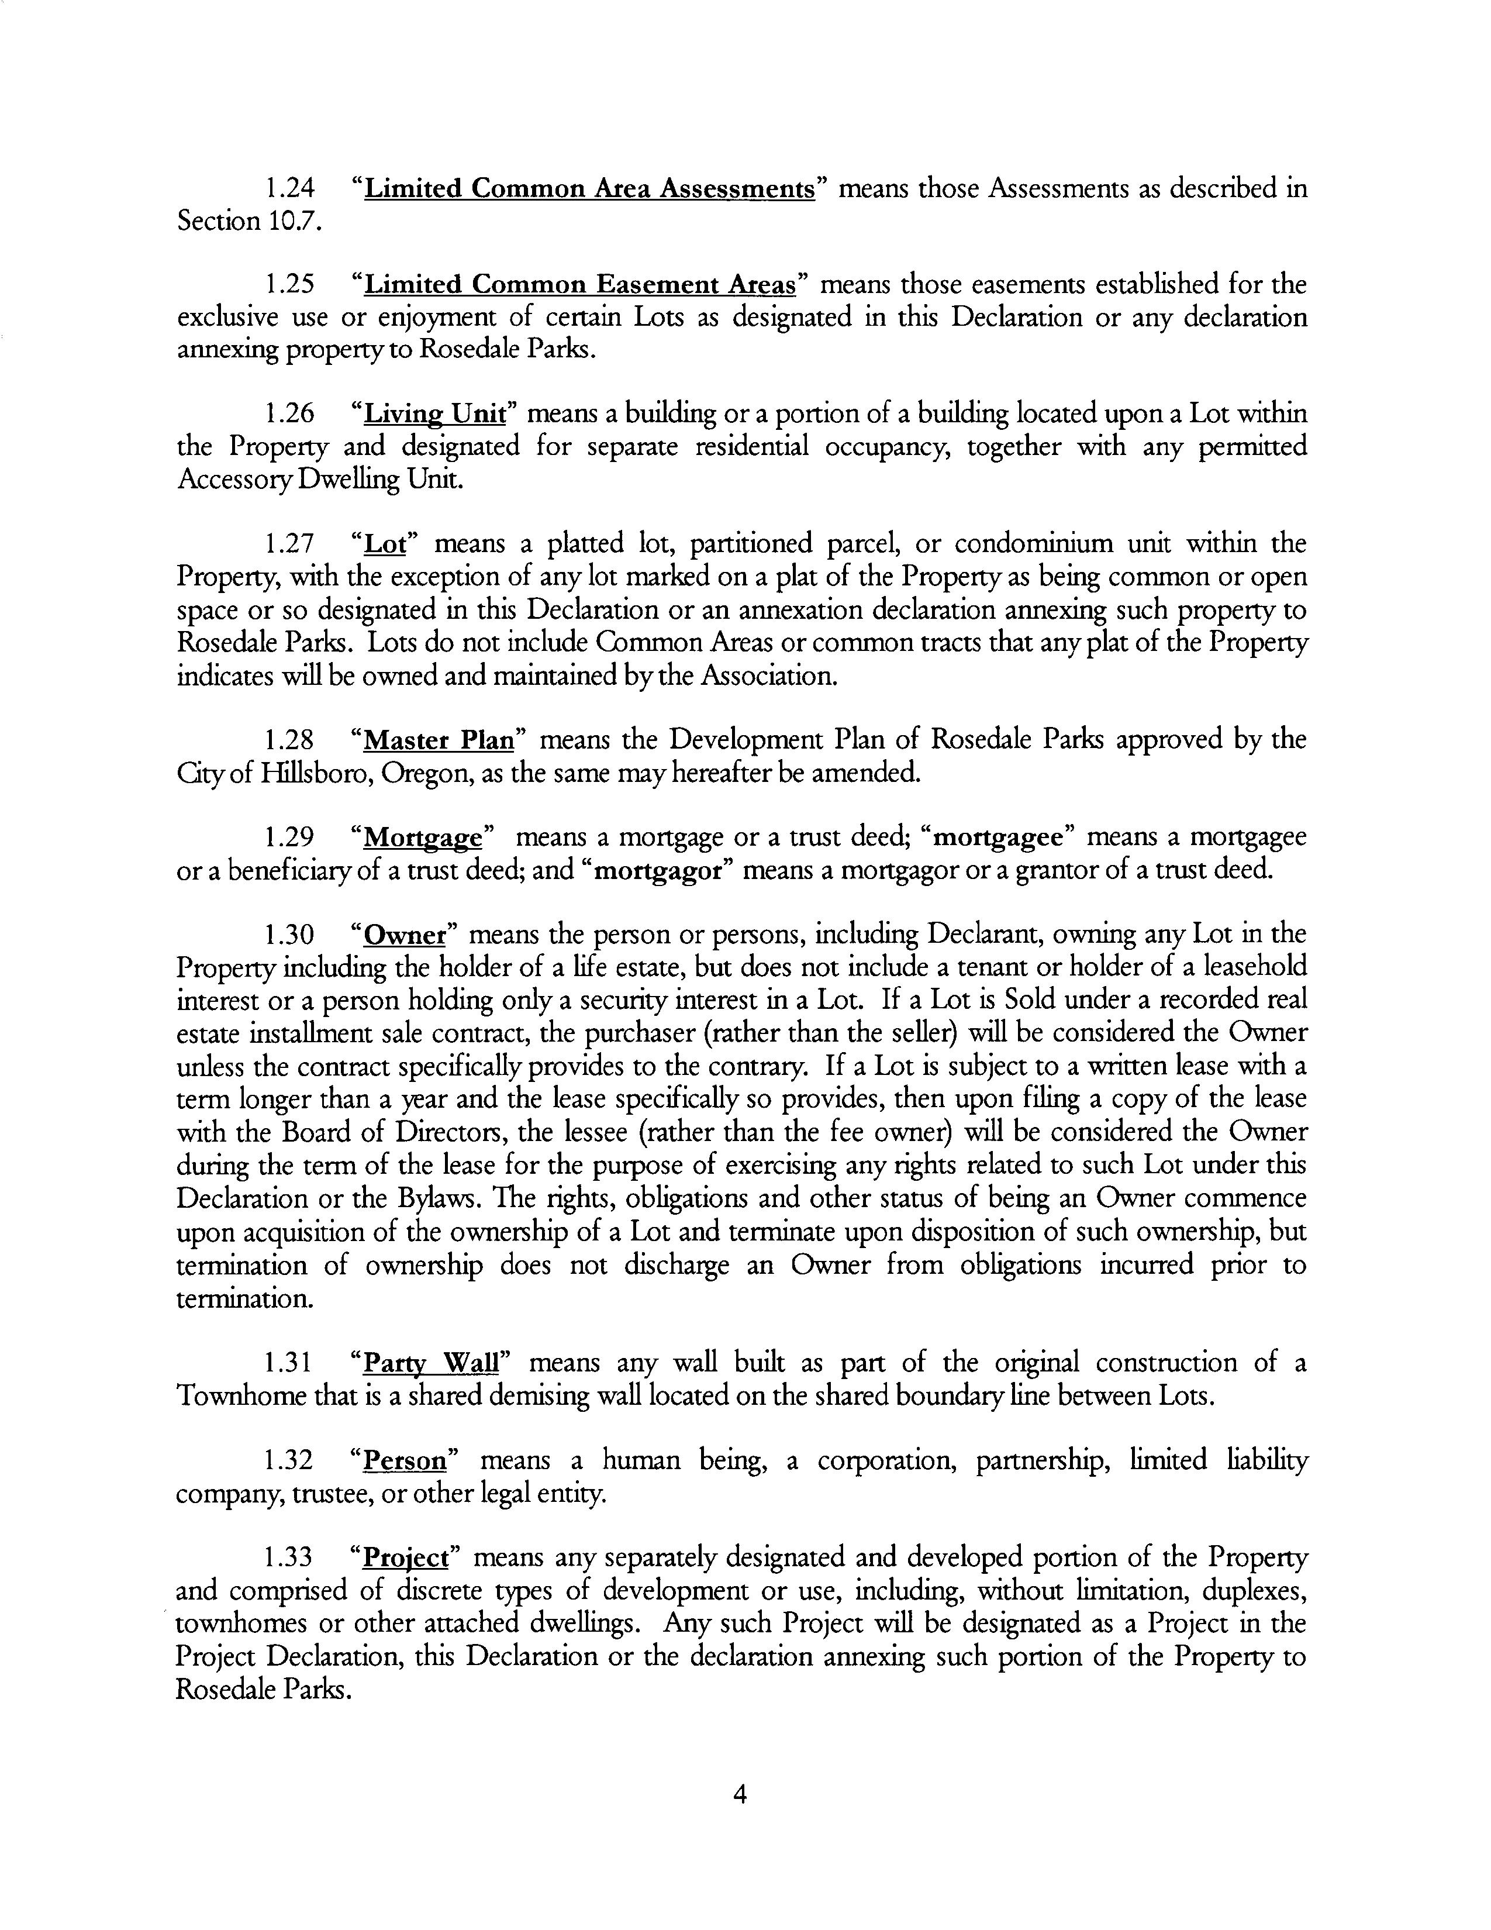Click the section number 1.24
pos(289,188)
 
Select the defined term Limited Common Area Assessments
pos(589,188)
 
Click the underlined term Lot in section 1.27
pos(385,543)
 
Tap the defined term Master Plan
pos(439,739)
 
